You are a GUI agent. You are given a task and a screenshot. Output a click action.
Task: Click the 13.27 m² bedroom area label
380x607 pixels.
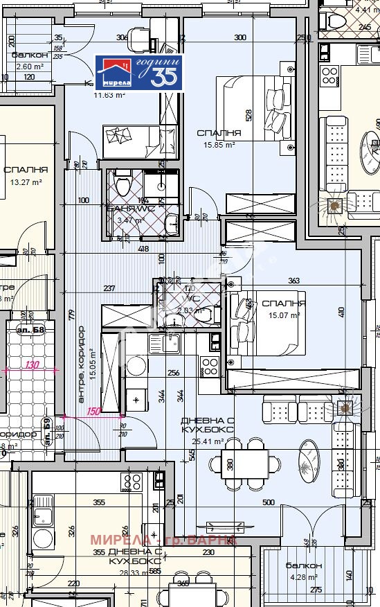tap(26, 182)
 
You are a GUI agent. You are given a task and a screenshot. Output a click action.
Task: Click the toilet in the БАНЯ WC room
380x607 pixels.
tap(123, 184)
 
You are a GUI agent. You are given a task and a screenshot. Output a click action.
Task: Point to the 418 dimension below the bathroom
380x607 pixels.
tap(143, 248)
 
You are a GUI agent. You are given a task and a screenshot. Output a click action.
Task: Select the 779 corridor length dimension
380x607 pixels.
tap(71, 315)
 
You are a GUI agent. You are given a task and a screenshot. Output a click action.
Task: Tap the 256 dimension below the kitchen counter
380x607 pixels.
tap(174, 373)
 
